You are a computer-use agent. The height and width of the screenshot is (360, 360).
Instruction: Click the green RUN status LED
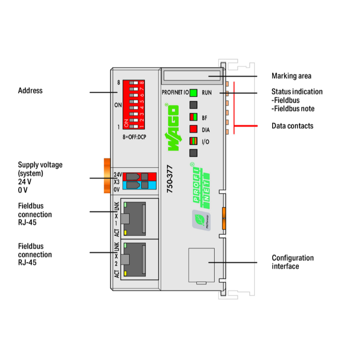pos(194,93)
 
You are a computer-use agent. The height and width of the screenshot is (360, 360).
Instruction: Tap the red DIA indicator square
pos(194,129)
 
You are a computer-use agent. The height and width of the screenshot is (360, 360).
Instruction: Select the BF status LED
pos(194,117)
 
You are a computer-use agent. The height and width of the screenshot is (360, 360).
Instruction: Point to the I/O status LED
pos(194,141)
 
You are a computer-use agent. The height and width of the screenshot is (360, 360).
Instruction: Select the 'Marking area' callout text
pos(291,76)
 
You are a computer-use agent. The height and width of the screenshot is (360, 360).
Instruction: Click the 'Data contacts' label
pos(292,126)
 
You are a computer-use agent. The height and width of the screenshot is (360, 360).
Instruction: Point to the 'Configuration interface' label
pos(292,262)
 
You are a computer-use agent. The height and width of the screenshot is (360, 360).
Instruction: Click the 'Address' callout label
pos(30,91)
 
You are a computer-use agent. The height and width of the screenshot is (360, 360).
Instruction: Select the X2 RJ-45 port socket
pos(139,259)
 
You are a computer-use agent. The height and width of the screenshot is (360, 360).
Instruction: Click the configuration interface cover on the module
pos(201,264)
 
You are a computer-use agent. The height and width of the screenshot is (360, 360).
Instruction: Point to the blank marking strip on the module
pos(192,75)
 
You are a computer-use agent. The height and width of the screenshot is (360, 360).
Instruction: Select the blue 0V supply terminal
pos(139,186)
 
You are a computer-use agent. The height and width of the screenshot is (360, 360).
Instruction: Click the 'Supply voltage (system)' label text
pos(40,169)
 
